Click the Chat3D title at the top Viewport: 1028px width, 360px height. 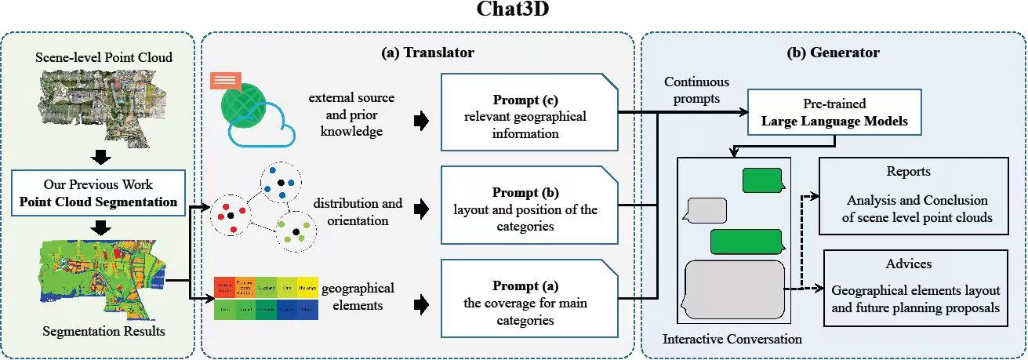coord(514,10)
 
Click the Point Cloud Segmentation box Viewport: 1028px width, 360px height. coord(98,192)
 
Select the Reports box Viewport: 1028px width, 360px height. coord(914,195)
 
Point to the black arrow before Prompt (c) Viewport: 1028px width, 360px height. coord(422,120)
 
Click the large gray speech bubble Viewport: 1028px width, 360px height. coord(735,288)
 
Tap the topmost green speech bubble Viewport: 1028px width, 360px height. coord(762,180)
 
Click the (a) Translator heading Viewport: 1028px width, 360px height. coord(427,53)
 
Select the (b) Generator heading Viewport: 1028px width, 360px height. coord(833,53)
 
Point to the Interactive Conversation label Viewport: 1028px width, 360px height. coord(732,340)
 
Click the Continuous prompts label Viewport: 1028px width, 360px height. coord(696,89)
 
